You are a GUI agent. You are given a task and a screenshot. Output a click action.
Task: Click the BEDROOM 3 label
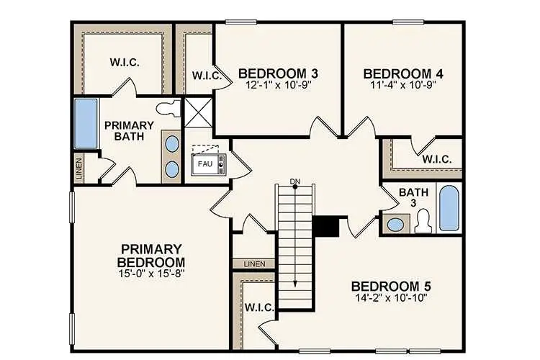(278, 73)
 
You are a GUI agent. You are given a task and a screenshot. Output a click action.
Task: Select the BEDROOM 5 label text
(391, 284)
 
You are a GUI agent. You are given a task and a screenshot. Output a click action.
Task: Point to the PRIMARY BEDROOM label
(151, 255)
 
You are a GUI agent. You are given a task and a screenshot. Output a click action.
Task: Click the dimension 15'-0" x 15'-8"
(151, 274)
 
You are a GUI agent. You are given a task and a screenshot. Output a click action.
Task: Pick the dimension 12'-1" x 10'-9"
(278, 85)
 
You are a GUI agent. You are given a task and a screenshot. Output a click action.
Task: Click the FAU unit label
(204, 163)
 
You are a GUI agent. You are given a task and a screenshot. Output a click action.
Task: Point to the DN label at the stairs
(294, 181)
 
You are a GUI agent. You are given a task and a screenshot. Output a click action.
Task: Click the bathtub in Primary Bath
(86, 125)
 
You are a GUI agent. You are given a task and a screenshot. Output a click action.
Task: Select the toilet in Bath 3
(423, 220)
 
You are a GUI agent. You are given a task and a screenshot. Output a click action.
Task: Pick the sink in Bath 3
(395, 224)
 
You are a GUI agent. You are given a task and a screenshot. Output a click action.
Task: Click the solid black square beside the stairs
(326, 226)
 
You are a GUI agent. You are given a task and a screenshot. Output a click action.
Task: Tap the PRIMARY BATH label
(129, 130)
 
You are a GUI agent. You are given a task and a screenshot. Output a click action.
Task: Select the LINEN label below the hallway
(254, 264)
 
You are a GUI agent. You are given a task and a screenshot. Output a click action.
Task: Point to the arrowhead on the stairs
(294, 284)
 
